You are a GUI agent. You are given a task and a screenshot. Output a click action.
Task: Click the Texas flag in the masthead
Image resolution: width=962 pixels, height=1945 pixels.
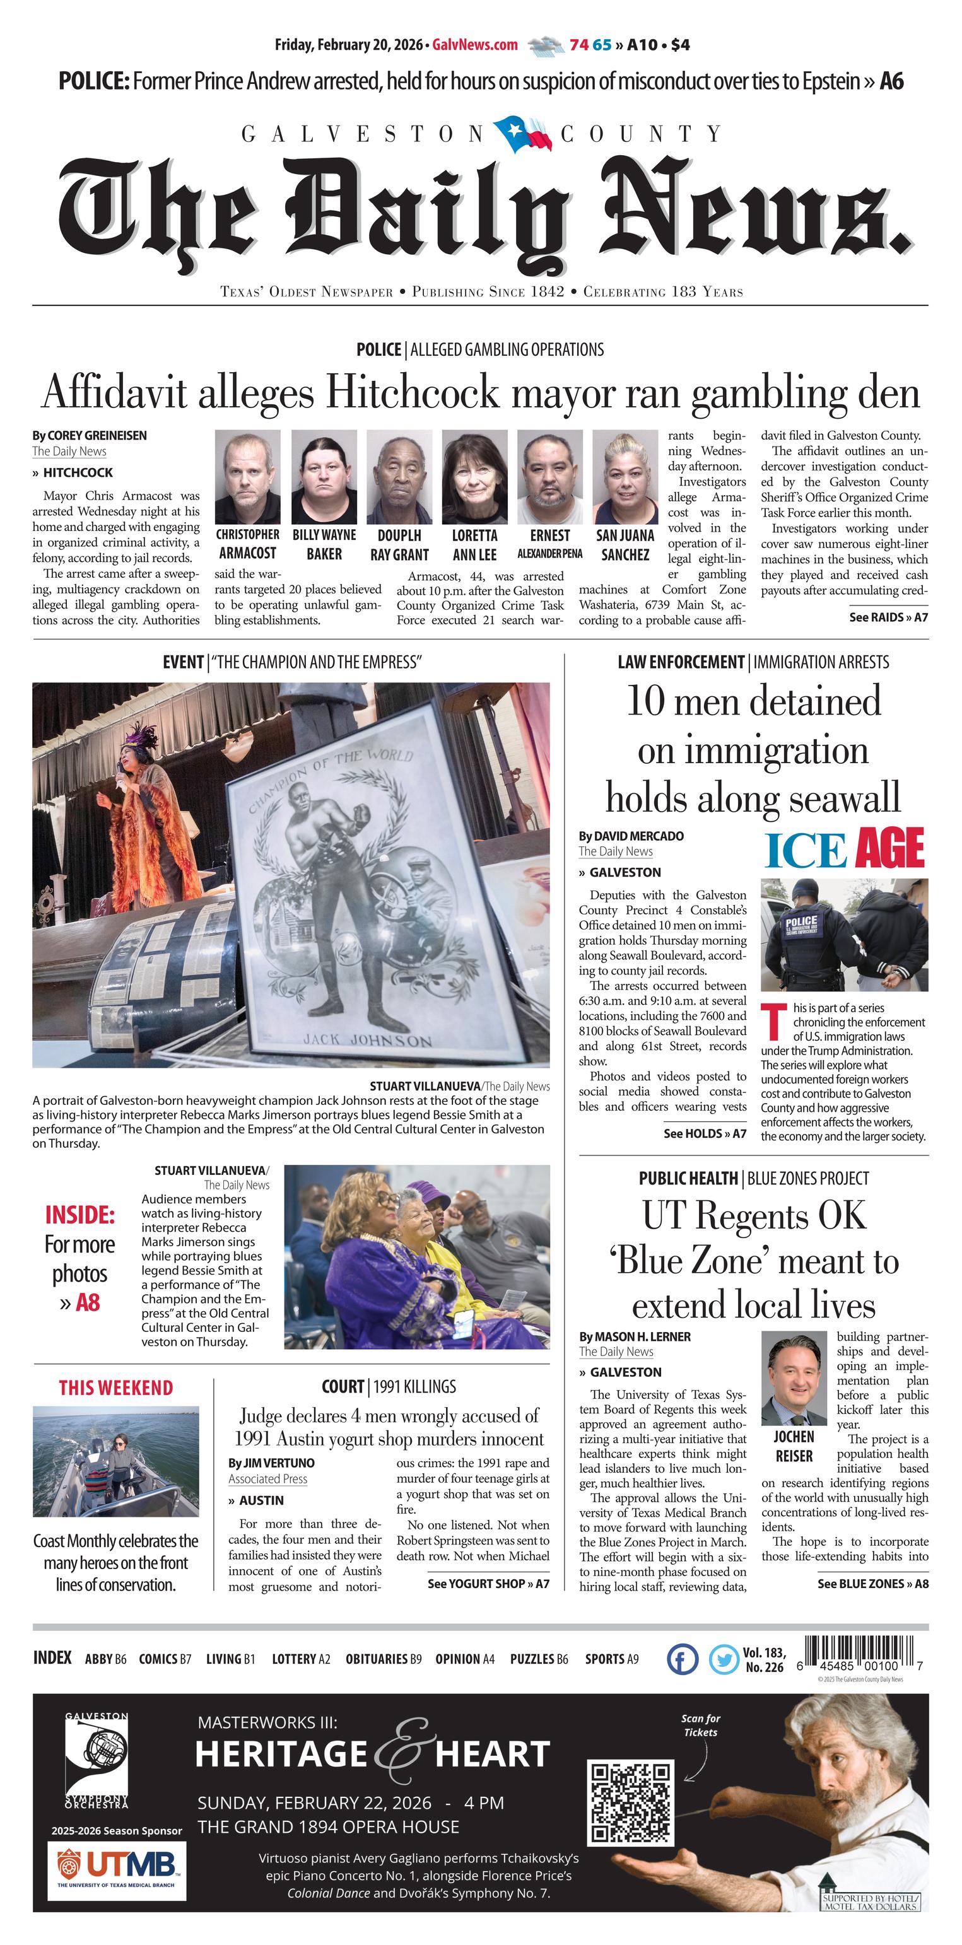click(x=522, y=134)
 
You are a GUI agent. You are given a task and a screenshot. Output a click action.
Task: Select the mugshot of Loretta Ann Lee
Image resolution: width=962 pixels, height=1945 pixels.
click(x=474, y=477)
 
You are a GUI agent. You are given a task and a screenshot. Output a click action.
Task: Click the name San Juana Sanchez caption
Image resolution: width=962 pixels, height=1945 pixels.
click(x=625, y=544)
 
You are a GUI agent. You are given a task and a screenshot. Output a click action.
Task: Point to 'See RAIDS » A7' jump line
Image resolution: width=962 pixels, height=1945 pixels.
click(x=888, y=617)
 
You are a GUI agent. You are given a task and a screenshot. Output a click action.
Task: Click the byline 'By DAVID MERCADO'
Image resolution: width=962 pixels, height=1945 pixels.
click(x=631, y=836)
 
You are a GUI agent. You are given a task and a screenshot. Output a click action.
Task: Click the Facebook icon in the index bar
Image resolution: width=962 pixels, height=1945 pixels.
click(x=683, y=1659)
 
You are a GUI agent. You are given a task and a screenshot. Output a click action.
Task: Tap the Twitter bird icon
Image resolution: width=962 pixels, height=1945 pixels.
click(x=724, y=1659)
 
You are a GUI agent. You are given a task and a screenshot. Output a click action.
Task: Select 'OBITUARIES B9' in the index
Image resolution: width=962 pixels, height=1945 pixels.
click(x=383, y=1659)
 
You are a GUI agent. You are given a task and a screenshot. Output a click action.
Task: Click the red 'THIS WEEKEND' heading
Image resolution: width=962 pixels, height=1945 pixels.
click(x=115, y=1387)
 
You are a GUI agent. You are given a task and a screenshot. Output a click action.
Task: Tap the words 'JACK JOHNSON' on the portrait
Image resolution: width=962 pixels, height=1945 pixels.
click(x=367, y=1040)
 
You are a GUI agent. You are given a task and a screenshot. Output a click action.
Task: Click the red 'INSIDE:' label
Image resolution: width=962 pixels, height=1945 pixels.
click(x=79, y=1215)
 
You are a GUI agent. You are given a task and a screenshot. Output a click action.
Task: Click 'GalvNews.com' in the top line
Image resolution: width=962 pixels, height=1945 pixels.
click(x=475, y=45)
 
